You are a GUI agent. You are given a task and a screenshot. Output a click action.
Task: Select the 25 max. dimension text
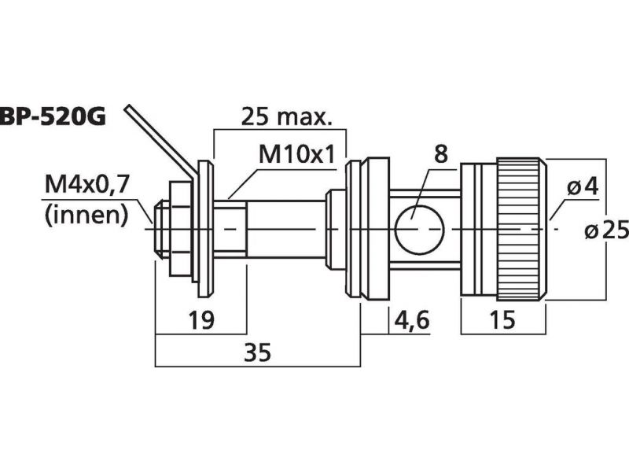click(285, 118)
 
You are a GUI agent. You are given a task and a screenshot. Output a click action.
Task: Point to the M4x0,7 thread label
click(86, 187)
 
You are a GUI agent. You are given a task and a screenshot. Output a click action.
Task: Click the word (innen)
click(86, 214)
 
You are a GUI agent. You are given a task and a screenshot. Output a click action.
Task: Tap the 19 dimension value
click(203, 319)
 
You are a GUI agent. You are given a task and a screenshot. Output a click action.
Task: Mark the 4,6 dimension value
click(410, 319)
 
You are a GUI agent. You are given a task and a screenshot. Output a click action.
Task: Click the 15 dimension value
click(502, 319)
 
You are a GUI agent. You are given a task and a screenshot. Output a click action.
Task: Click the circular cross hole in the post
click(417, 229)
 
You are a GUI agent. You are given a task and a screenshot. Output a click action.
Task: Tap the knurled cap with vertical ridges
click(520, 229)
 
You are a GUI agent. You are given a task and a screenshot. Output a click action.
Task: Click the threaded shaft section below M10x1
click(230, 229)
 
